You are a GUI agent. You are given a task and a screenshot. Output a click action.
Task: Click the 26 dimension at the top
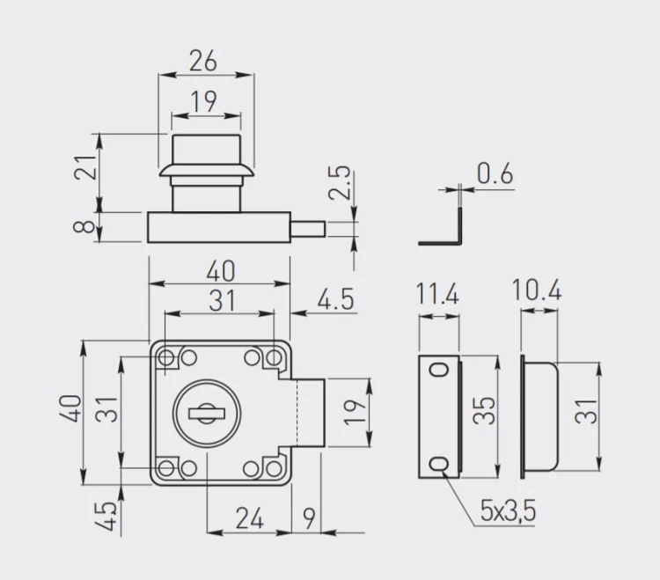tap(203, 61)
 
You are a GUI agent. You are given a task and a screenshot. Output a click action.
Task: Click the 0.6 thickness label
tap(495, 174)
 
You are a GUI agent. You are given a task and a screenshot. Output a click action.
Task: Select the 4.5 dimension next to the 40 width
tap(335, 299)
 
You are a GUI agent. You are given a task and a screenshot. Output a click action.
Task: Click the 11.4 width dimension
tap(437, 293)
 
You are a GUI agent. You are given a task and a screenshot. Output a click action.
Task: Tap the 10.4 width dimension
tap(537, 290)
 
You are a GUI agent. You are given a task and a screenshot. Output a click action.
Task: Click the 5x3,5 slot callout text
tap(508, 510)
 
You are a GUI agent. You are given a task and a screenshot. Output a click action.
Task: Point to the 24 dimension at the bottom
tap(249, 518)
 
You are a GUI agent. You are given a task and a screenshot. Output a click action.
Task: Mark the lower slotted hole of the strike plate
tap(437, 464)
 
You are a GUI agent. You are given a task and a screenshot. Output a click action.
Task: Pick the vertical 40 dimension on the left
tap(74, 409)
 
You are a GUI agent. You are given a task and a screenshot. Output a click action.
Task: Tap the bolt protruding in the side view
tap(309, 229)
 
